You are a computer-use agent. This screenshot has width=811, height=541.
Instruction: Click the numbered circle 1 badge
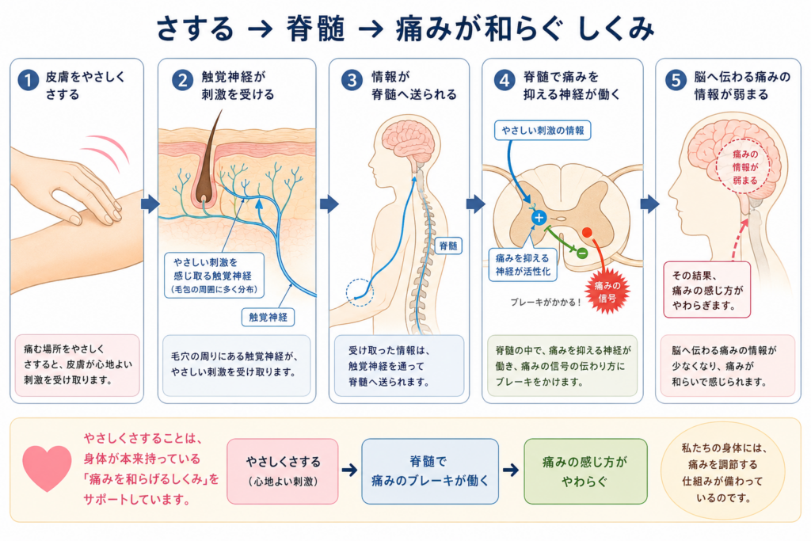pyautogui.click(x=28, y=80)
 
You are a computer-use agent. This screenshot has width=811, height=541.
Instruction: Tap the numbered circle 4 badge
pyautogui.click(x=504, y=80)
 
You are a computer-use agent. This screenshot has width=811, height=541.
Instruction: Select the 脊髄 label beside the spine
pyautogui.click(x=448, y=246)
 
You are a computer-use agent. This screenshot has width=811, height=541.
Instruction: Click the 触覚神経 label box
pyautogui.click(x=268, y=317)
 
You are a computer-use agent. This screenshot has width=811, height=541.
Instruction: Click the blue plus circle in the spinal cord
pyautogui.click(x=539, y=218)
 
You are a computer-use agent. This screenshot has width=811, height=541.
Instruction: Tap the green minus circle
pyautogui.click(x=582, y=253)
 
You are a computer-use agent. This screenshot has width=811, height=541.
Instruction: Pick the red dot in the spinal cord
pyautogui.click(x=587, y=233)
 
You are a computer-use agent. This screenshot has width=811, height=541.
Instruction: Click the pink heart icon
pyautogui.click(x=47, y=468)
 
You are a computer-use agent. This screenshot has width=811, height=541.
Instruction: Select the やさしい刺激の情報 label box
pyautogui.click(x=543, y=131)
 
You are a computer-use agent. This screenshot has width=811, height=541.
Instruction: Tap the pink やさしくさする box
pyautogui.click(x=283, y=471)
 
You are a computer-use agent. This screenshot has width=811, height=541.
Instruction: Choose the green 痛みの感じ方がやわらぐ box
pyautogui.click(x=585, y=471)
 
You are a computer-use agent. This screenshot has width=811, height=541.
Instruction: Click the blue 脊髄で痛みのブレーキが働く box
pyautogui.click(x=430, y=471)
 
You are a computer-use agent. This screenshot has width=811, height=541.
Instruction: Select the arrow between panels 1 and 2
pyautogui.click(x=150, y=204)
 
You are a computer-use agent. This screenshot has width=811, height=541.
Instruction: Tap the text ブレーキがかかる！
pyautogui.click(x=546, y=302)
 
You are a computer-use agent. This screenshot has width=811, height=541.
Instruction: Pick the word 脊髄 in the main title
pyautogui.click(x=315, y=28)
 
